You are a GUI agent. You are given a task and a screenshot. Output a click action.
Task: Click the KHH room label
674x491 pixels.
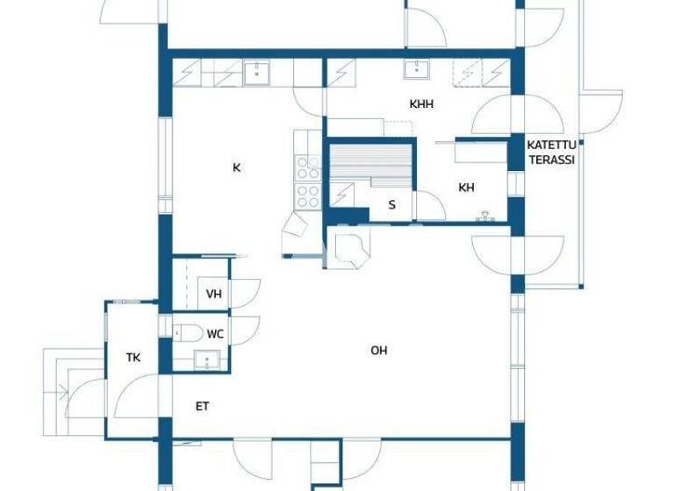click(x=421, y=103)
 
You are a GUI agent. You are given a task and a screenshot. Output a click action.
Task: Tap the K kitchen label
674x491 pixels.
click(x=236, y=167)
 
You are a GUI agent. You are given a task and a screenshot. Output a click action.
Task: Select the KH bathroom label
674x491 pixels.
click(x=466, y=187)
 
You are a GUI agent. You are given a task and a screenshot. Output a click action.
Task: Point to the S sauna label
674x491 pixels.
click(x=392, y=205)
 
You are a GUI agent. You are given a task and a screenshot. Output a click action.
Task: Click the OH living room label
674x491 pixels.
click(x=378, y=351)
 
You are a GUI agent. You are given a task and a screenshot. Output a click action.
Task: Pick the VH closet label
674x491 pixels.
click(x=213, y=294)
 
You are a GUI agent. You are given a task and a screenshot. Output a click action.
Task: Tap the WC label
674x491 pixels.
click(x=215, y=334)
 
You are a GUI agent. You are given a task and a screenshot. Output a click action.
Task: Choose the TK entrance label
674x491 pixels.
click(x=133, y=357)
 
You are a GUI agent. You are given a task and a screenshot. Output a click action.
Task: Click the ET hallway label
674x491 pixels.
click(x=202, y=406)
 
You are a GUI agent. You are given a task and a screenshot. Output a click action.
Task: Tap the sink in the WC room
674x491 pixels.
click(x=207, y=359)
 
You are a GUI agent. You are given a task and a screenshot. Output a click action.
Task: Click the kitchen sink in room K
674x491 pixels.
click(x=256, y=72)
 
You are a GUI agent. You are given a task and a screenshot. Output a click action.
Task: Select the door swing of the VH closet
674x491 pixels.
click(x=245, y=293)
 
